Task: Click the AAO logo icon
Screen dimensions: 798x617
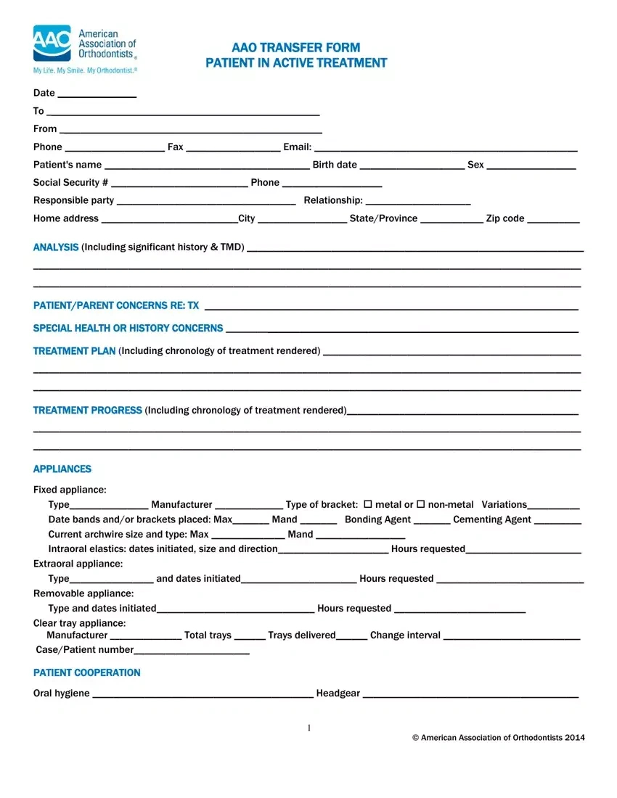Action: coord(52,43)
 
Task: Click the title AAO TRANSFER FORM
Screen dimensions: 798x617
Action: coord(296,48)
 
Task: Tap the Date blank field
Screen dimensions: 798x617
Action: coord(97,94)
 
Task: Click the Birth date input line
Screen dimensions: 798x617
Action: coord(412,165)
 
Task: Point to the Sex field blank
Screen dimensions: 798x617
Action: coord(531,165)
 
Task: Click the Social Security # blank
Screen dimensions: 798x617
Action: coord(179,183)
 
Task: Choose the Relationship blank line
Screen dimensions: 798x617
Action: coord(418,201)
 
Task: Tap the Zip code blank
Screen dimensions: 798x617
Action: coord(553,219)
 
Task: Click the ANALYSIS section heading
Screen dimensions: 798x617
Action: coord(56,247)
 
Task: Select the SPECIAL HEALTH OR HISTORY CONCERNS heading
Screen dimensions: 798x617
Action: coord(128,329)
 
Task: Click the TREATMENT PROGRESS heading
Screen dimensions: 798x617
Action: coord(88,411)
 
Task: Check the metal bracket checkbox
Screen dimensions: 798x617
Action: coord(367,504)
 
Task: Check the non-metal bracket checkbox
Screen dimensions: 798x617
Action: coord(420,504)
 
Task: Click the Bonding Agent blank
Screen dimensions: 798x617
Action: coord(432,520)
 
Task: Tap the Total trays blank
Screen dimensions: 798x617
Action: coord(250,636)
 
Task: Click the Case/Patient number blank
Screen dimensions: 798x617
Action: coord(192,651)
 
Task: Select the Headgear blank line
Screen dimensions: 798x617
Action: coord(470,694)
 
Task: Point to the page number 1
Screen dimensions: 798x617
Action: coord(308,728)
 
